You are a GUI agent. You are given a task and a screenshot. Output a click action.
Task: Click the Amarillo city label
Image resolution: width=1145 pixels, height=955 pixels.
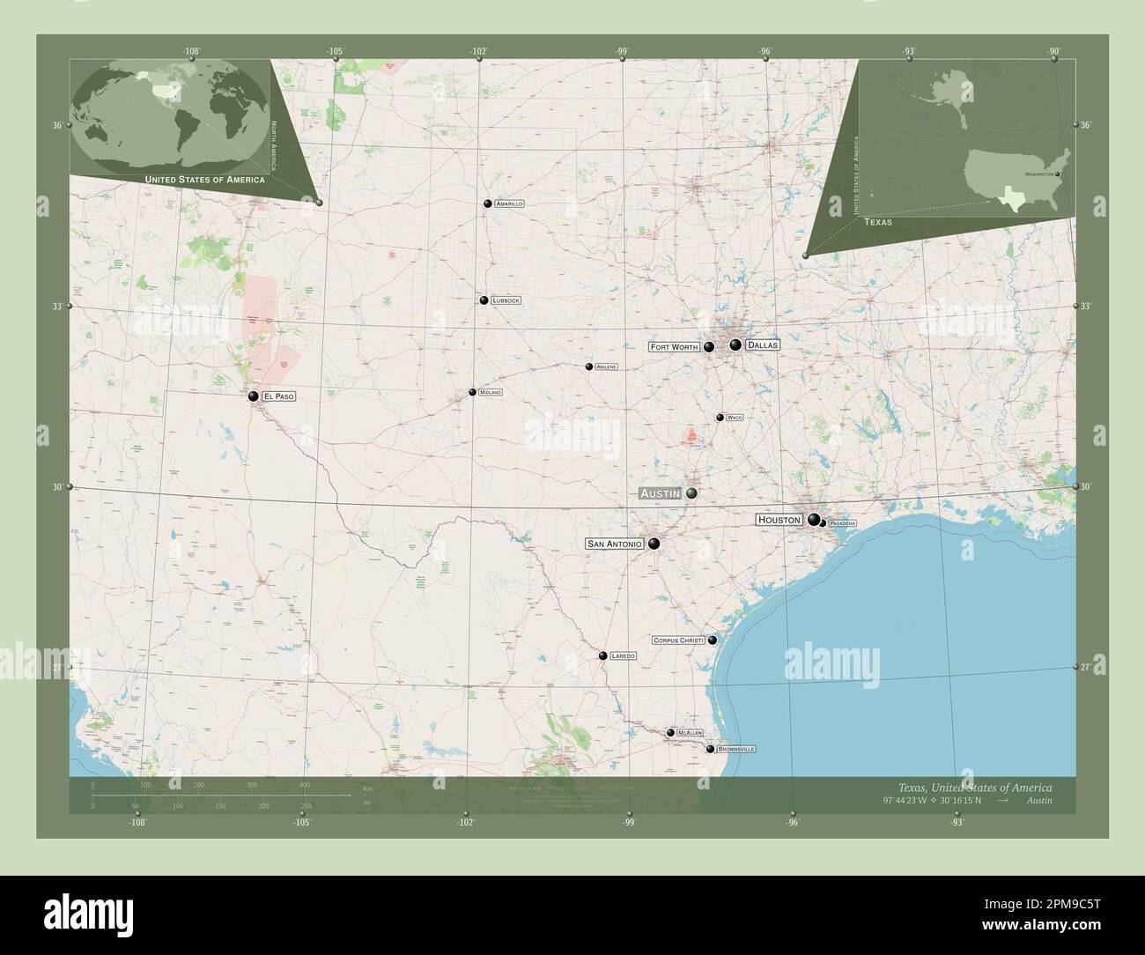[x=509, y=204]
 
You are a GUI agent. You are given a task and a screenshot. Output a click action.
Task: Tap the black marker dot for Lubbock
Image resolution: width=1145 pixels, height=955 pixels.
[x=484, y=300]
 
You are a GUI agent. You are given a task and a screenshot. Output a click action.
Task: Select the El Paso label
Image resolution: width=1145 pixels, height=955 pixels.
[x=278, y=396]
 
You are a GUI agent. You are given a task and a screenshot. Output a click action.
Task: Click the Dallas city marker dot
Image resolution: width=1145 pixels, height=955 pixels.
[x=735, y=344]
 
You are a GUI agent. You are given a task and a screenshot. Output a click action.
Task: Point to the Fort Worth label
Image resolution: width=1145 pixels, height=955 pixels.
[x=674, y=347]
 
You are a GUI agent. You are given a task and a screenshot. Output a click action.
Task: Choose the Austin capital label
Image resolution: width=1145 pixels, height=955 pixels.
[x=661, y=493]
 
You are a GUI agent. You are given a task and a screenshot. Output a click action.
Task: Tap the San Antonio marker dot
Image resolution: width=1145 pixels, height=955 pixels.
[x=654, y=544]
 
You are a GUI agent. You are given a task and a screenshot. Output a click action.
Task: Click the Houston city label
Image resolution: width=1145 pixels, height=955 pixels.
[x=779, y=521]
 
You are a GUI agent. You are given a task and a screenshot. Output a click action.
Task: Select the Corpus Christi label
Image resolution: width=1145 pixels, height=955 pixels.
[x=678, y=640]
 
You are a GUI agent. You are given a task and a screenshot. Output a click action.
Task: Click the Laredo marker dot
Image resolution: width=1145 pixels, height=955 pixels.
[x=602, y=655]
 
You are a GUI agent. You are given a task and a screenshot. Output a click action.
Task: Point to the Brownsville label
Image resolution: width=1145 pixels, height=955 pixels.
[x=736, y=749]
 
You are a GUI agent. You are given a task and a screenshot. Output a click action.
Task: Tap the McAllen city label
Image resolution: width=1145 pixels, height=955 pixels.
[x=690, y=733]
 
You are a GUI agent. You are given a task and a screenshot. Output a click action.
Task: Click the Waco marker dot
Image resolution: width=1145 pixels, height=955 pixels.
[x=720, y=418]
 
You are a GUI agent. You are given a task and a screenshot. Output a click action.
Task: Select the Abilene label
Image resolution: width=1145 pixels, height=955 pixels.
[x=606, y=366]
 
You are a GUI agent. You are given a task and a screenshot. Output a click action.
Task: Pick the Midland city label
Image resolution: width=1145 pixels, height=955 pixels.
[x=490, y=392]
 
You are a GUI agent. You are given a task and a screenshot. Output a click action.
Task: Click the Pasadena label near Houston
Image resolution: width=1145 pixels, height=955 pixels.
[x=842, y=523]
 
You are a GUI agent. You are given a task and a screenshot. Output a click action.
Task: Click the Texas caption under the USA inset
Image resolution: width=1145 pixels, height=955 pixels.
[x=877, y=222]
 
